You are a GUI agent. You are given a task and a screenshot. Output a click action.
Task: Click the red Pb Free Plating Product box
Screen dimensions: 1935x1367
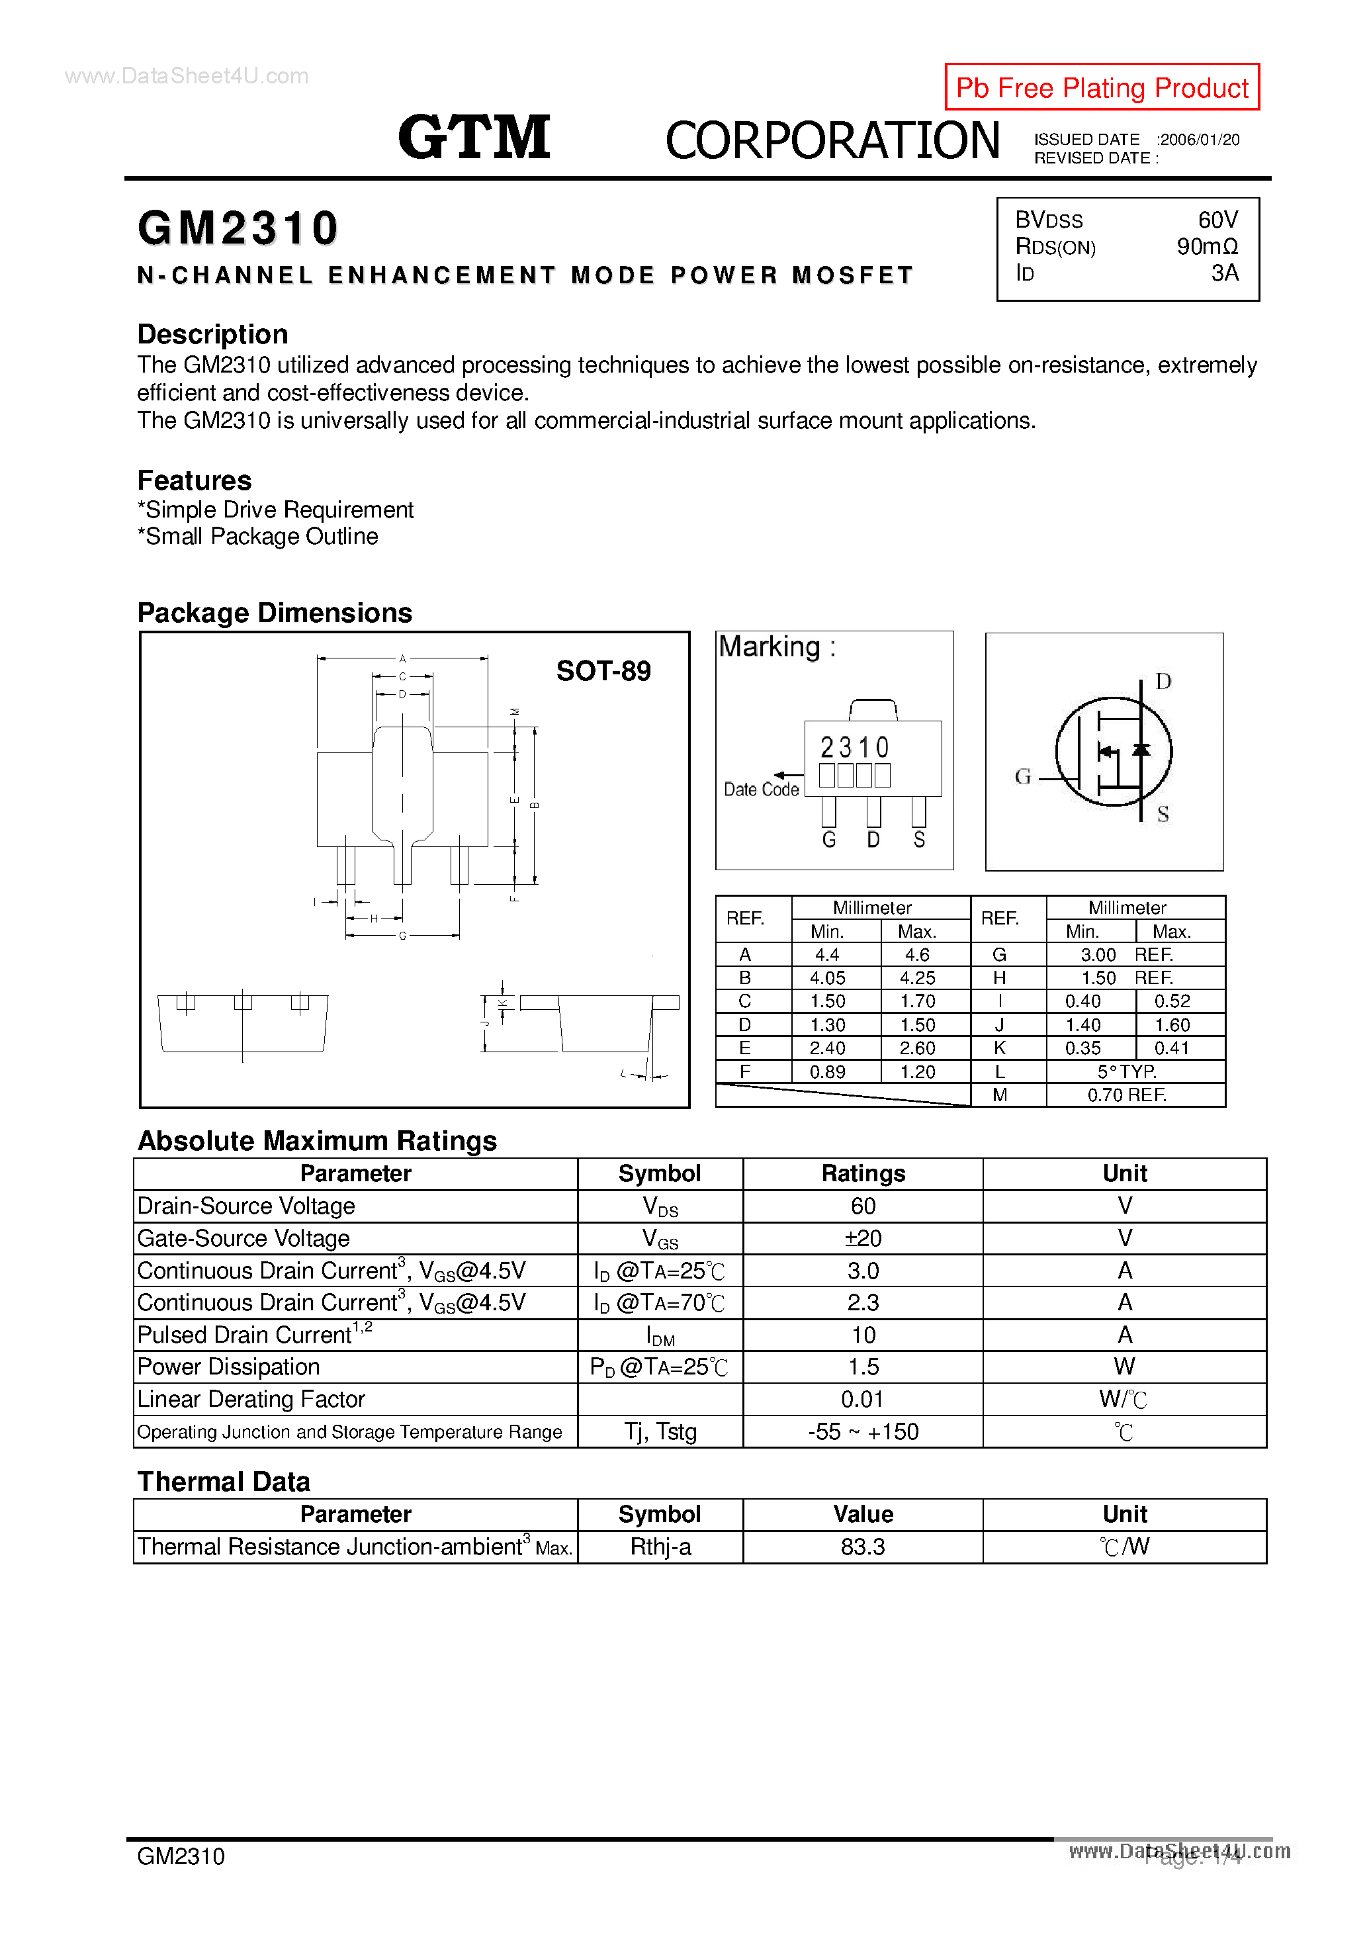(x=1102, y=87)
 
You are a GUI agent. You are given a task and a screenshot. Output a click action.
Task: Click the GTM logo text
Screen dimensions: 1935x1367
(x=474, y=138)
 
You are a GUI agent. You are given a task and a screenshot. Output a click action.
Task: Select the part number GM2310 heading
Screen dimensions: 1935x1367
(x=238, y=228)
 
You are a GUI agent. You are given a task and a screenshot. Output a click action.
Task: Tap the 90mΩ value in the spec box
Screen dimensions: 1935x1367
(x=1207, y=246)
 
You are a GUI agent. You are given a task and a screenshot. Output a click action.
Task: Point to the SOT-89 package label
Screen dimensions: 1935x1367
(x=603, y=671)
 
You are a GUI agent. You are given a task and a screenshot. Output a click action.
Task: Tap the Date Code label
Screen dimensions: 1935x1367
(x=761, y=789)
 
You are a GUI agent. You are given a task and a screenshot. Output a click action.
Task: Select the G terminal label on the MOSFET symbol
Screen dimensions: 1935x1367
(x=1022, y=777)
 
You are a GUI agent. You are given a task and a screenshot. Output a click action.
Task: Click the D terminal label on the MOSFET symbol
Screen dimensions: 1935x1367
(x=1163, y=681)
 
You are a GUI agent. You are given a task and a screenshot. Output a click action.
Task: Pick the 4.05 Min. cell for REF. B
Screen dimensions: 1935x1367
(x=827, y=977)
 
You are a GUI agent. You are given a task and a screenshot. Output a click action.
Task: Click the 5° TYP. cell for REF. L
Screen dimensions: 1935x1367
(x=1127, y=1071)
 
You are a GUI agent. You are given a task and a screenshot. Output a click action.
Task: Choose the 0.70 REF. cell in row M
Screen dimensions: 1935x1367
(x=1127, y=1095)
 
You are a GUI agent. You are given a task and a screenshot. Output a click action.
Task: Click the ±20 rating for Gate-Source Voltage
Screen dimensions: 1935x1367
(x=862, y=1238)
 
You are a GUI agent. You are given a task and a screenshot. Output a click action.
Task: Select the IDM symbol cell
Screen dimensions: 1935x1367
(x=660, y=1336)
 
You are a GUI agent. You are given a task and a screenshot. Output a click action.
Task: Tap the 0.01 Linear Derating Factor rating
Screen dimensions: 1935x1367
(x=862, y=1400)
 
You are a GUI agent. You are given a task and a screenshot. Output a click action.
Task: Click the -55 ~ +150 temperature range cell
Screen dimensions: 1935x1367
(x=862, y=1432)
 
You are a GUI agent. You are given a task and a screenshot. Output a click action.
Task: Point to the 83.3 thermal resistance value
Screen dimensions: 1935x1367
(x=862, y=1547)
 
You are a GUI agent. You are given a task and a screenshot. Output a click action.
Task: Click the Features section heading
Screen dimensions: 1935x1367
(x=195, y=480)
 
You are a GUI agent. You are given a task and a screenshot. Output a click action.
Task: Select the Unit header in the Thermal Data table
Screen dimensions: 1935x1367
(x=1124, y=1515)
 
